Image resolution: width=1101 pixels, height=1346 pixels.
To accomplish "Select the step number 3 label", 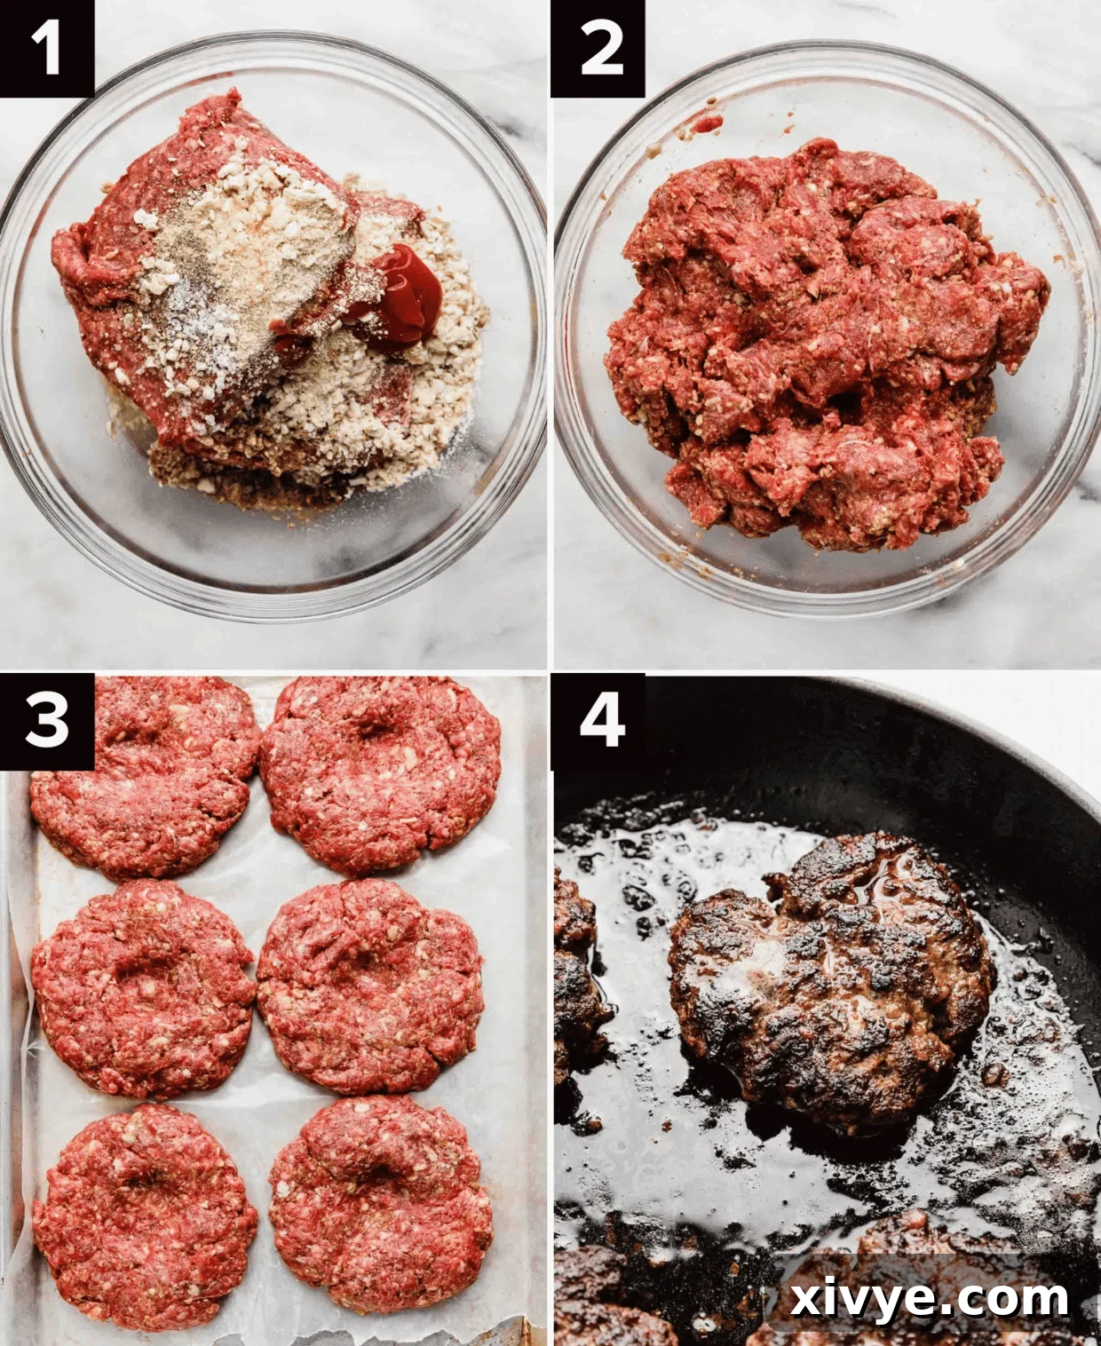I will click(x=46, y=720).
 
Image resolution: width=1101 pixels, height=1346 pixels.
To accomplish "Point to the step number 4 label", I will click(x=598, y=720).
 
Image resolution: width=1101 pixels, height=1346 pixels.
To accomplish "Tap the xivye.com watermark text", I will click(x=929, y=1299).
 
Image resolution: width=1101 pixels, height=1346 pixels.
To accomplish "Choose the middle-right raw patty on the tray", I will click(x=371, y=986).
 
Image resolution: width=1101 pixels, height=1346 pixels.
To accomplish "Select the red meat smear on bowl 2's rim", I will click(x=706, y=123).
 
